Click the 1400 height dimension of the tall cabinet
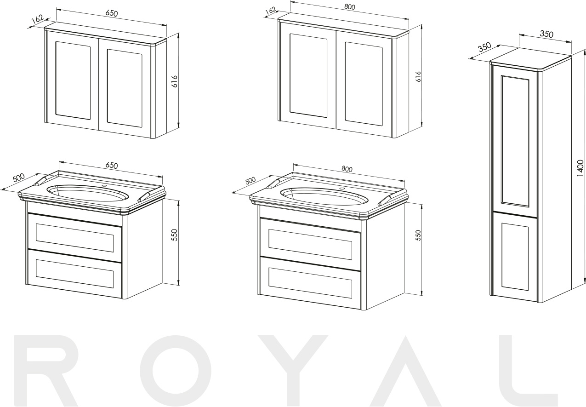[580, 168]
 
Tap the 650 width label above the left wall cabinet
[112, 13]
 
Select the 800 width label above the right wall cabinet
[349, 7]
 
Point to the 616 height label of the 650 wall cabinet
[175, 81]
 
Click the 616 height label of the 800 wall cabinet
[418, 77]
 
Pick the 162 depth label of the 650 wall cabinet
[37, 19]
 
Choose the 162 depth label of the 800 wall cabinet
[271, 11]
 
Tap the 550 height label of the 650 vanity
[175, 235]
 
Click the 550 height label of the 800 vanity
[418, 235]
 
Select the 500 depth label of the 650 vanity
[18, 178]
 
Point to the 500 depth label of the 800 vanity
[250, 181]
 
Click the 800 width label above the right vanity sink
[347, 169]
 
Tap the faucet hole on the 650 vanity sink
[104, 185]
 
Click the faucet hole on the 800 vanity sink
[342, 189]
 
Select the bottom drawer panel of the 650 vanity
[74, 270]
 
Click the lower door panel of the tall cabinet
[515, 257]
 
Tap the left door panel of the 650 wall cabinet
[73, 80]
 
